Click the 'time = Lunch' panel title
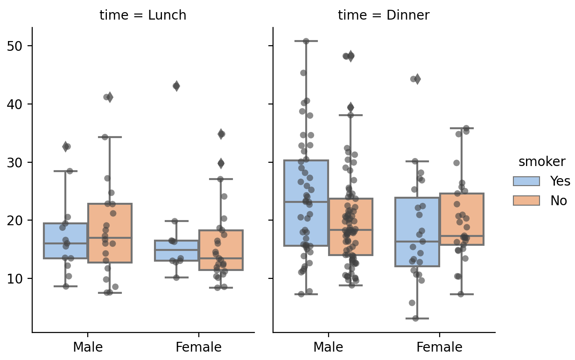coord(143,15)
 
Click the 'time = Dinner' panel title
coord(384,15)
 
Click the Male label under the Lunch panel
coord(88,347)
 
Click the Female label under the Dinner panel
coord(439,347)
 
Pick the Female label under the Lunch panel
coord(199,347)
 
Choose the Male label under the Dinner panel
coord(329,347)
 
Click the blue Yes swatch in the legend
coord(526,181)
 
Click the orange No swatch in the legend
coord(526,201)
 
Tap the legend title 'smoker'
coord(542,162)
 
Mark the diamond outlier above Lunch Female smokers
coord(176,86)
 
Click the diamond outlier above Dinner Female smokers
coord(417,79)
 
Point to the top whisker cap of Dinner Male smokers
coord(307,41)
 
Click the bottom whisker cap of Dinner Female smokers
coord(417,318)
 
